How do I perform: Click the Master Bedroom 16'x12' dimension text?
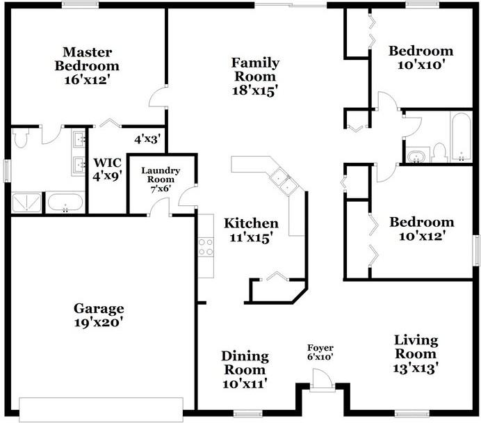(x=87, y=80)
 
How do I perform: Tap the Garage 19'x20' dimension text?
(x=99, y=322)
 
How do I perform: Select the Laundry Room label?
(x=161, y=175)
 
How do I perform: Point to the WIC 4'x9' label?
(x=107, y=170)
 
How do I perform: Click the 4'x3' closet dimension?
(x=147, y=140)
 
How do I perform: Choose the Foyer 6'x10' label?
(x=320, y=352)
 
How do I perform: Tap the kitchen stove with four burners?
(x=206, y=247)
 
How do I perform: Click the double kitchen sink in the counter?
(x=284, y=182)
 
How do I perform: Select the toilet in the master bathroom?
(x=21, y=138)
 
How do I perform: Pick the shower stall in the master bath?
(x=26, y=202)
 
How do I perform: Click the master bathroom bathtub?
(x=65, y=202)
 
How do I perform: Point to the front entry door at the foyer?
(x=322, y=380)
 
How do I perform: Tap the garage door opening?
(x=101, y=410)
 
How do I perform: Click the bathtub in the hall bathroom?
(x=461, y=136)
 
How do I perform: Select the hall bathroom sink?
(x=416, y=157)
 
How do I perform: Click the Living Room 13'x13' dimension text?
(x=416, y=368)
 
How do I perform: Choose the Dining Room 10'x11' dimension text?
(x=245, y=384)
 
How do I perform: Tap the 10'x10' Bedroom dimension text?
(x=421, y=65)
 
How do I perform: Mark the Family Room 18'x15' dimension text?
(x=255, y=91)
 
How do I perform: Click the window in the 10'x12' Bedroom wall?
(x=476, y=250)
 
